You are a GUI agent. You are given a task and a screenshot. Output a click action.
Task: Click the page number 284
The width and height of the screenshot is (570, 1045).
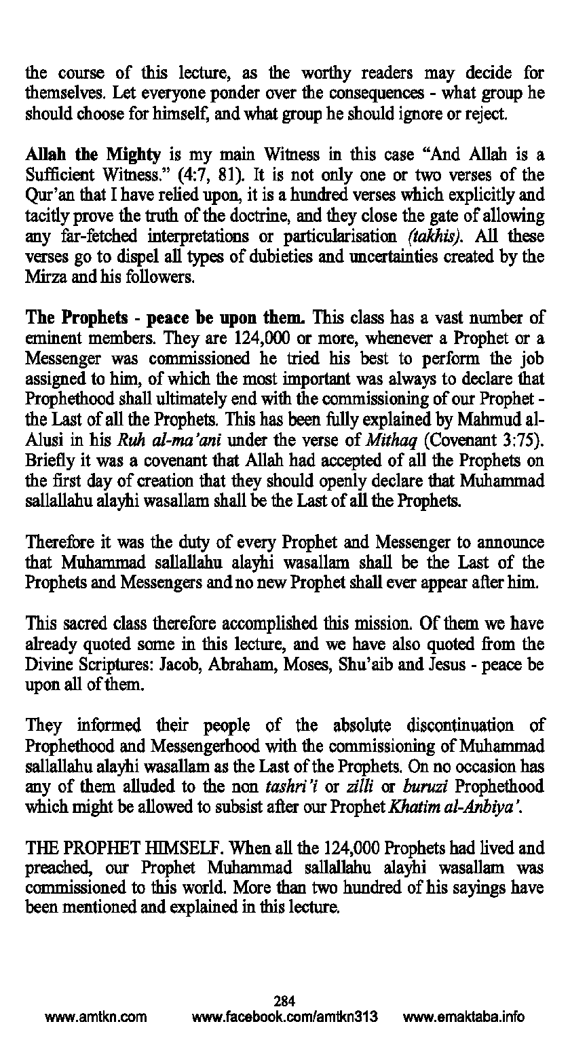(284, 1000)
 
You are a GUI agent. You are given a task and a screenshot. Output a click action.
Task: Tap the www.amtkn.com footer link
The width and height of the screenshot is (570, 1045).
(96, 1017)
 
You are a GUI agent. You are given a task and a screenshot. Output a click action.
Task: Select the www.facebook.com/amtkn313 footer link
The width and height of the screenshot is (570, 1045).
(285, 1017)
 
